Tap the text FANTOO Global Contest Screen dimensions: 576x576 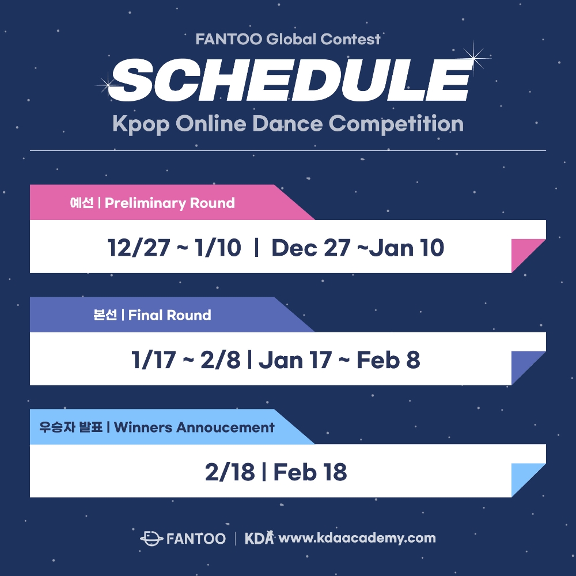pyautogui.click(x=288, y=39)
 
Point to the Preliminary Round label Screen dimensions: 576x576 pyautogui.click(x=169, y=203)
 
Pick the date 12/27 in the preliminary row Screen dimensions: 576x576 pyautogui.click(x=139, y=248)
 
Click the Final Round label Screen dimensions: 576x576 pyautogui.click(x=169, y=315)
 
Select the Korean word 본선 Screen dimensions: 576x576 pyautogui.click(x=105, y=315)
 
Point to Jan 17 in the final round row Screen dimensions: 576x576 pyautogui.click(x=295, y=360)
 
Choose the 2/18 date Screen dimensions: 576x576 pyautogui.click(x=229, y=472)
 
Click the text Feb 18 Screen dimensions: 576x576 pyautogui.click(x=310, y=472)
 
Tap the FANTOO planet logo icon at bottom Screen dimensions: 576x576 pyautogui.click(x=151, y=539)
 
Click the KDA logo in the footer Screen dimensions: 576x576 pyautogui.click(x=259, y=539)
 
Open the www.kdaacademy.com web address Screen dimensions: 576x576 pyautogui.click(x=357, y=539)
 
